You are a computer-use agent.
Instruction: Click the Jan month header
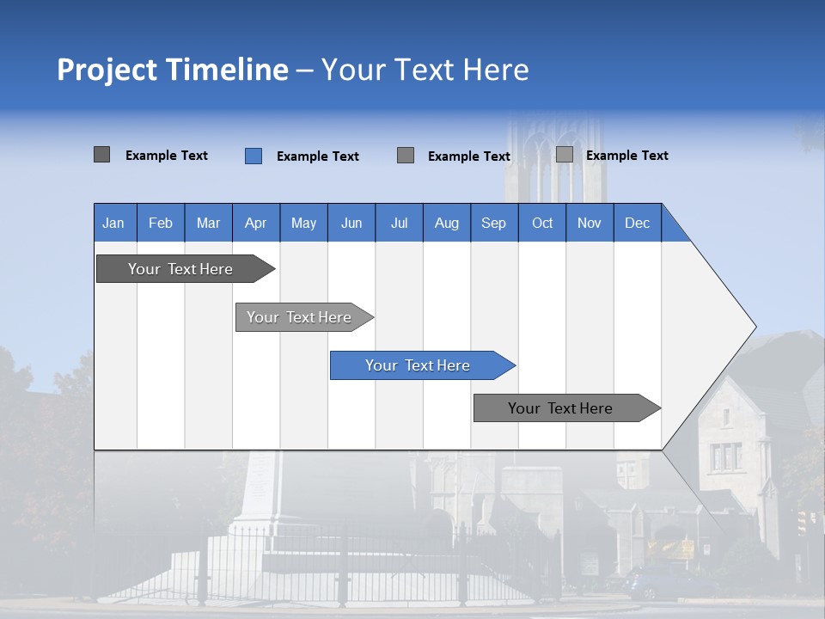point(113,223)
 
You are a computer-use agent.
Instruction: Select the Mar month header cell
point(208,223)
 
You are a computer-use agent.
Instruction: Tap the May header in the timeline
point(303,223)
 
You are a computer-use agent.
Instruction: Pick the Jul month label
point(399,223)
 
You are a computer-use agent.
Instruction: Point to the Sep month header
point(493,223)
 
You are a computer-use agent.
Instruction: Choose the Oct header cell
point(542,223)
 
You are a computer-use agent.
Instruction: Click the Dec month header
point(637,223)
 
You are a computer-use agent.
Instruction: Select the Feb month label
point(161,223)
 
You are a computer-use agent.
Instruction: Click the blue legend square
point(254,156)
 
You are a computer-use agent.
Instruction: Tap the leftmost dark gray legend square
point(101,155)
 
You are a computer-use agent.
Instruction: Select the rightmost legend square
point(565,155)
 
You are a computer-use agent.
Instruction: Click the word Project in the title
point(107,70)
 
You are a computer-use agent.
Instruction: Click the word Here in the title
point(496,70)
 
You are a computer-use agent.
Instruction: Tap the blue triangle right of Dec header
point(674,230)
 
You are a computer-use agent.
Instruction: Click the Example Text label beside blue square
point(317,156)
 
